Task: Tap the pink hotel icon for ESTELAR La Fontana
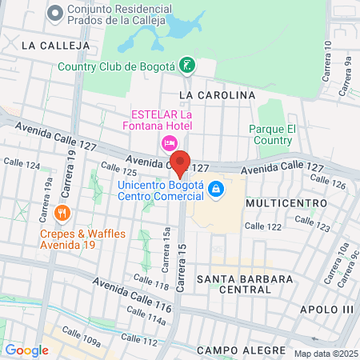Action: tap(169, 142)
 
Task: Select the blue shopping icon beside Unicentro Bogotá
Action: tap(214, 189)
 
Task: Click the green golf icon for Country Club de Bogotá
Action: tap(186, 66)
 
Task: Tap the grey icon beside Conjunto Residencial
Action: tap(54, 12)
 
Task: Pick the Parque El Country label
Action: tap(272, 134)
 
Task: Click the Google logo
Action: tap(26, 350)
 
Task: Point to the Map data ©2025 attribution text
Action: tap(325, 354)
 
